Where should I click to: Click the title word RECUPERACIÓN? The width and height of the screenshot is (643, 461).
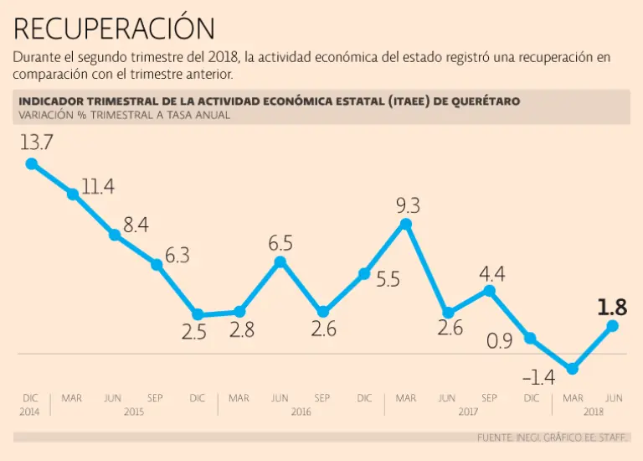[x=114, y=28]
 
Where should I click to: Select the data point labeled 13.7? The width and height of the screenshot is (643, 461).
[x=32, y=163]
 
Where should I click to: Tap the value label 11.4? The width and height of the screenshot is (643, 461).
[x=98, y=186]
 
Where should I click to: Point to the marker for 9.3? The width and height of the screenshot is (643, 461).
[x=406, y=224]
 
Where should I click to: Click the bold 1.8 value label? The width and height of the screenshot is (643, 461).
[x=612, y=308]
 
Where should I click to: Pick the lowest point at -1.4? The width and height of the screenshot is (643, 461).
[x=572, y=368]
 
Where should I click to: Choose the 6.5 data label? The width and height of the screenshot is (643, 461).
[x=280, y=244]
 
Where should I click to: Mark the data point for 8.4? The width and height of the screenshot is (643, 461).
[x=115, y=235]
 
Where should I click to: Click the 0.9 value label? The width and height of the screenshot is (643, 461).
[x=501, y=341]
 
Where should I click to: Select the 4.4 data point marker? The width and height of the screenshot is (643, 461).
[x=490, y=291]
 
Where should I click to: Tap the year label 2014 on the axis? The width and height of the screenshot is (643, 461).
[x=29, y=412]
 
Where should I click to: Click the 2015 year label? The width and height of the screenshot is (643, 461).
[x=134, y=412]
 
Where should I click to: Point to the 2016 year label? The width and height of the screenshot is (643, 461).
[x=301, y=412]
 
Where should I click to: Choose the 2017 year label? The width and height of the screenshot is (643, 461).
[x=469, y=412]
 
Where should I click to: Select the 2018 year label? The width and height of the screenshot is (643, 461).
[x=594, y=412]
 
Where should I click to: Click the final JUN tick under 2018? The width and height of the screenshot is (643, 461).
[x=614, y=398]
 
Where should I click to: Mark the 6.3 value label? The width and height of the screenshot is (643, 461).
[x=177, y=256]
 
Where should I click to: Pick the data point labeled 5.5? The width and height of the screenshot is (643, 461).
[x=364, y=274]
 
